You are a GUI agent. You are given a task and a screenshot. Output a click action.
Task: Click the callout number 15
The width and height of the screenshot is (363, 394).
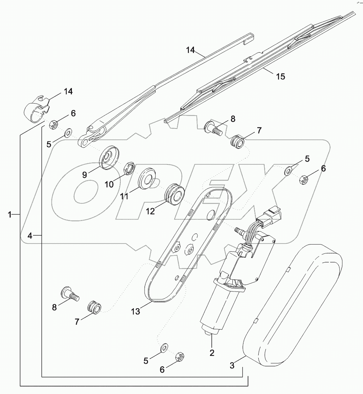(x=280, y=77)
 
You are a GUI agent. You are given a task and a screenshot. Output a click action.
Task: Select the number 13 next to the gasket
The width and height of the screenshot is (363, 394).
(x=135, y=311)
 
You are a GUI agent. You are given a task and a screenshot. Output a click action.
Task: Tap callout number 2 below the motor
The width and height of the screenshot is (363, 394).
(x=212, y=353)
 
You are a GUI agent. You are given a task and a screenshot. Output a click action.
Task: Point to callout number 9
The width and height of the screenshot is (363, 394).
(x=85, y=175)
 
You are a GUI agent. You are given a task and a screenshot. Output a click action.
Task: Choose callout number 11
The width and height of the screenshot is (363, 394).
(x=124, y=196)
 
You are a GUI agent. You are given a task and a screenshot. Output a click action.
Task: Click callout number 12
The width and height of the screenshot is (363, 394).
(x=151, y=211)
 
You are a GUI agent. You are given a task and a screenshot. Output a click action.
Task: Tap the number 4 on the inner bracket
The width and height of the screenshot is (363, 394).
(x=31, y=235)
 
